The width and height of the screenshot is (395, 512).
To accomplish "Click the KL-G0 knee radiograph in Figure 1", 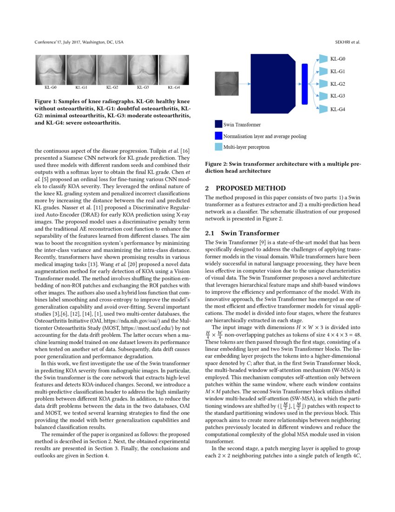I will click(x=51, y=70).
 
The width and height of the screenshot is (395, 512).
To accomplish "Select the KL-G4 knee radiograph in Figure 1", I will click(x=174, y=70).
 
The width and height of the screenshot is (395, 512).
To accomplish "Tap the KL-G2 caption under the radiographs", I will click(x=112, y=88).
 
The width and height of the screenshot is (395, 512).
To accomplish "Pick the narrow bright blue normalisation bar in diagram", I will click(x=305, y=84).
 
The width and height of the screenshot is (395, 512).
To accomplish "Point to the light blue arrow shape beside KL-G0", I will click(x=323, y=59).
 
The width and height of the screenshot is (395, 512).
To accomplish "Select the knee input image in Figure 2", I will click(x=226, y=84).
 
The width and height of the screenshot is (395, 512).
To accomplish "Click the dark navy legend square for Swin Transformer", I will click(x=218, y=124).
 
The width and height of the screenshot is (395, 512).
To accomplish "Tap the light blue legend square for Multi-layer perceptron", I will click(x=218, y=147).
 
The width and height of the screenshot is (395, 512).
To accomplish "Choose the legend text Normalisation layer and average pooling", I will click(x=264, y=136).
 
